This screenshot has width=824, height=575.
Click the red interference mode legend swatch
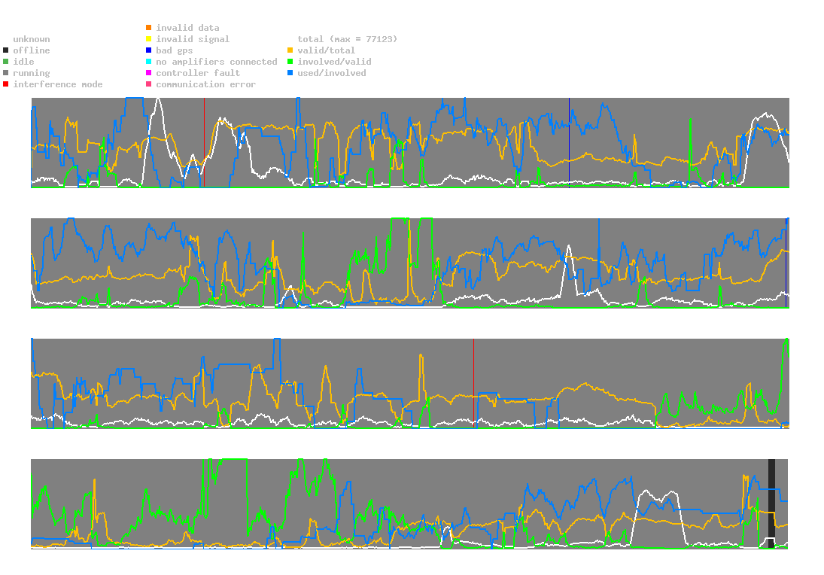coord(6,84)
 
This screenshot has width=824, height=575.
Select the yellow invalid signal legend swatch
coord(149,39)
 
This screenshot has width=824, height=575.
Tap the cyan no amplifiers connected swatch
coord(149,62)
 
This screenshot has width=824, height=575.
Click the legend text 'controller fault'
coord(198,73)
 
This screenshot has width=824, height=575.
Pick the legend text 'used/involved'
coord(332,73)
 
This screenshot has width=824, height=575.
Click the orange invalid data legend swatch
coord(149,28)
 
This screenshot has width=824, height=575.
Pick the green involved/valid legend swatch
coord(290,62)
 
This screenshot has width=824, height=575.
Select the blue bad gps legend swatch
coord(149,50)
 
